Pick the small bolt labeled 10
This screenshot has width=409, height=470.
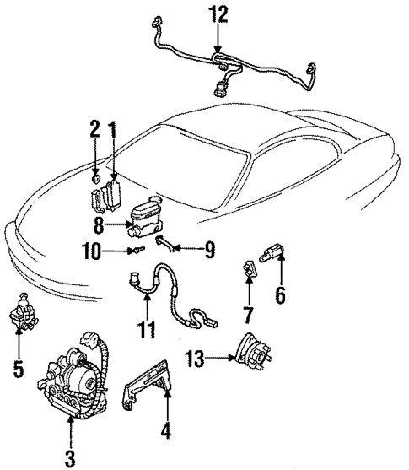pyautogui.click(x=136, y=251)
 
